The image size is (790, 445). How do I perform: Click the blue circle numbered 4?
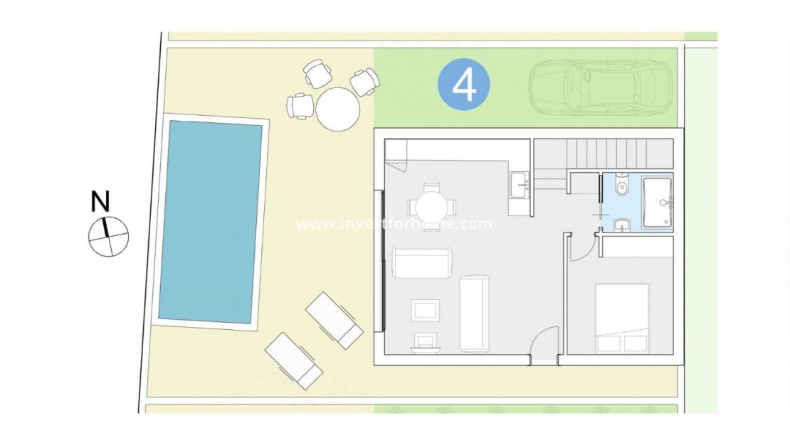point(464,85)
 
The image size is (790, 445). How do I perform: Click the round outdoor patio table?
point(338,109)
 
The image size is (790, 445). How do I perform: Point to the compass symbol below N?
point(108,236)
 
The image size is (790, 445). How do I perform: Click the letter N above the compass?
point(101,202)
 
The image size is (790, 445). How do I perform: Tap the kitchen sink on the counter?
point(519,183)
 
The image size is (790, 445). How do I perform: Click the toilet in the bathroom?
point(622,190)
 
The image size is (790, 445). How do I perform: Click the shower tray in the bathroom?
point(657,202)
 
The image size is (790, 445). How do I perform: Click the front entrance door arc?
point(544,345)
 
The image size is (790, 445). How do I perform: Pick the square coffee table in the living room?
point(426,311)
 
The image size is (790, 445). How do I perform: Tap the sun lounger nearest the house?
point(335,320)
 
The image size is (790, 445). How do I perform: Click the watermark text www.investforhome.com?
point(394,224)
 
